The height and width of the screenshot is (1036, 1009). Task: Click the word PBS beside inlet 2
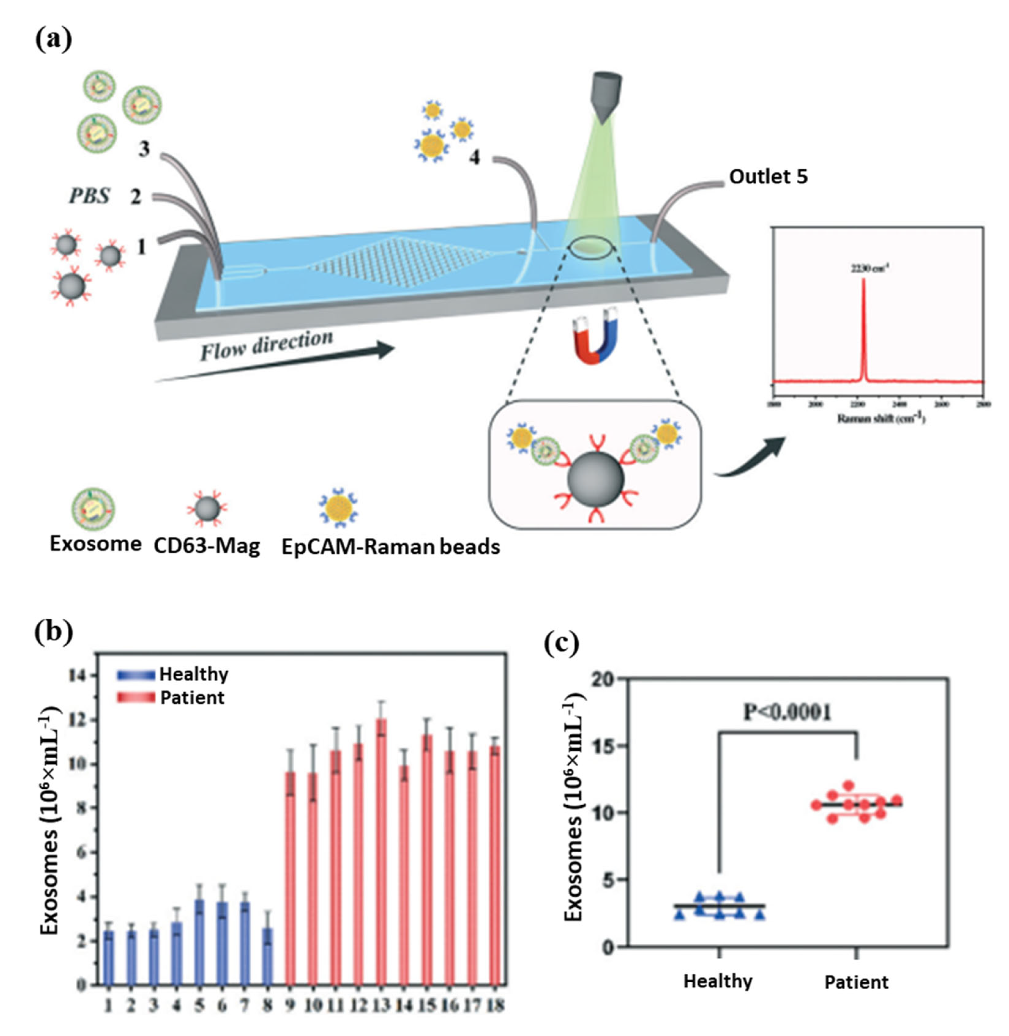pos(89,196)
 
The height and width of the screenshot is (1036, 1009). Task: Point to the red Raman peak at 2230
pos(863,329)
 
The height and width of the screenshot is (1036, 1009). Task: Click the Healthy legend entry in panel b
pos(172,674)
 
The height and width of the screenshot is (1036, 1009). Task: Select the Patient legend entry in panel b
pos(171,698)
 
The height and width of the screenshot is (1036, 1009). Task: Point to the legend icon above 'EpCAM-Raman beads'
pos(339,508)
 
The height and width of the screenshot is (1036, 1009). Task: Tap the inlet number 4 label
pos(474,157)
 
